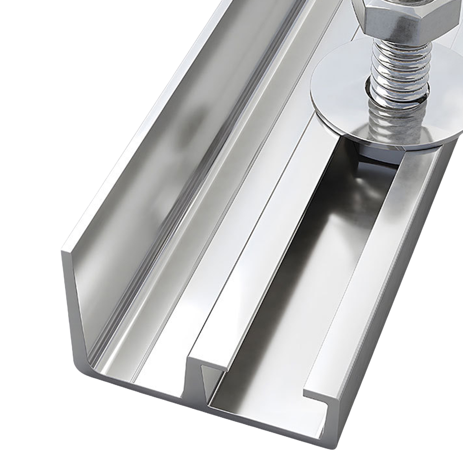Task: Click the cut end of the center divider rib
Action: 206,365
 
